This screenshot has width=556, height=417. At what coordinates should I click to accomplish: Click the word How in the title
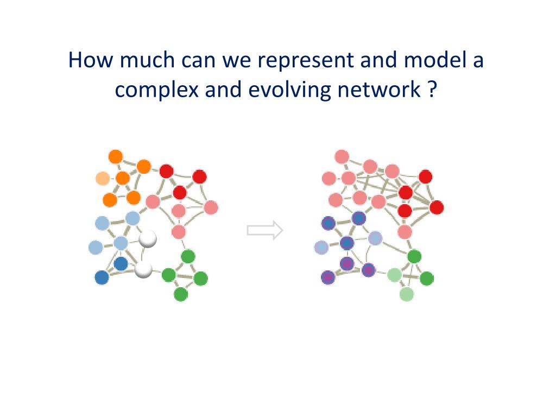coord(89,60)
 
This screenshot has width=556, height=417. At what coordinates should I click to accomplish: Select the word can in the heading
coord(196,61)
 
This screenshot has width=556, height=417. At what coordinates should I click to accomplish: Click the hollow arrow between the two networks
coord(265,230)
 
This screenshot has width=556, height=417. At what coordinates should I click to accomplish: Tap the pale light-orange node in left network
coord(102,178)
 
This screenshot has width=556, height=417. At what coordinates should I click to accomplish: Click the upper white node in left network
coord(147,239)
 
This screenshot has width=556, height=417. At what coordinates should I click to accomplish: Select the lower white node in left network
coord(143,269)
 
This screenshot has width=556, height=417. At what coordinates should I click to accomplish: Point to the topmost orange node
coord(116,157)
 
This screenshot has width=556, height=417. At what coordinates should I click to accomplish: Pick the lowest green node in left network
coord(181,294)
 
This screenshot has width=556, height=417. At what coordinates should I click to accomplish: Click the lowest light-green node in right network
coord(407,294)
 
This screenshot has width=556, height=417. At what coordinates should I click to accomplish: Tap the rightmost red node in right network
coord(437,207)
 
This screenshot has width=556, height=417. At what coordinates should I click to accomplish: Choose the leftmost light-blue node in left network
coord(96,248)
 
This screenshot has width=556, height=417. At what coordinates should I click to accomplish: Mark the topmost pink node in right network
coord(342,157)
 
